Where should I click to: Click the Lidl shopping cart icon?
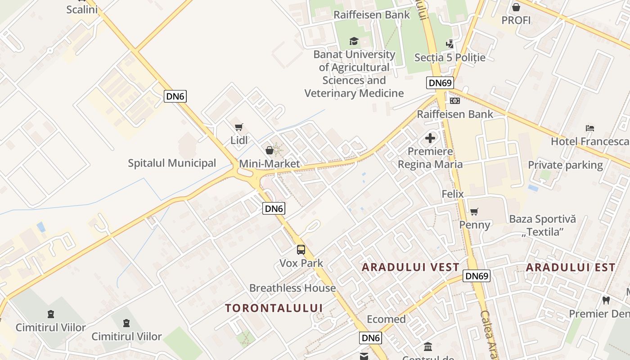(x=238, y=127)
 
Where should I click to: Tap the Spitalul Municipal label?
(x=172, y=163)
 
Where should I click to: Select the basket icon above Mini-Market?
(x=270, y=150)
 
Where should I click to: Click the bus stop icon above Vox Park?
(x=301, y=250)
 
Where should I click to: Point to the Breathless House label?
(x=292, y=288)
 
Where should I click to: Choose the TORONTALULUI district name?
(x=274, y=308)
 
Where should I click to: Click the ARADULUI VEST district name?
(x=410, y=267)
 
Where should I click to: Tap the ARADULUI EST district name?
(x=570, y=267)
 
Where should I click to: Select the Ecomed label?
(x=386, y=319)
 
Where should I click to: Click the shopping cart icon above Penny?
(x=474, y=211)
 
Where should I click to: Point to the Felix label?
(x=452, y=194)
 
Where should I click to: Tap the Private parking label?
(x=565, y=165)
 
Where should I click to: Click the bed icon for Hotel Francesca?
(x=590, y=128)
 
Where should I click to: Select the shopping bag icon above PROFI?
(x=516, y=7)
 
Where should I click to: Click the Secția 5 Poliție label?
(x=450, y=58)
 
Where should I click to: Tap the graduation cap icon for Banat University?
(x=354, y=41)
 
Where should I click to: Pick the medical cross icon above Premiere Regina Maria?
(x=430, y=138)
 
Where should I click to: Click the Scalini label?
(x=82, y=9)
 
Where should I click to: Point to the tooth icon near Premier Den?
(x=606, y=300)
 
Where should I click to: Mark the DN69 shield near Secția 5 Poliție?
(x=440, y=83)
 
